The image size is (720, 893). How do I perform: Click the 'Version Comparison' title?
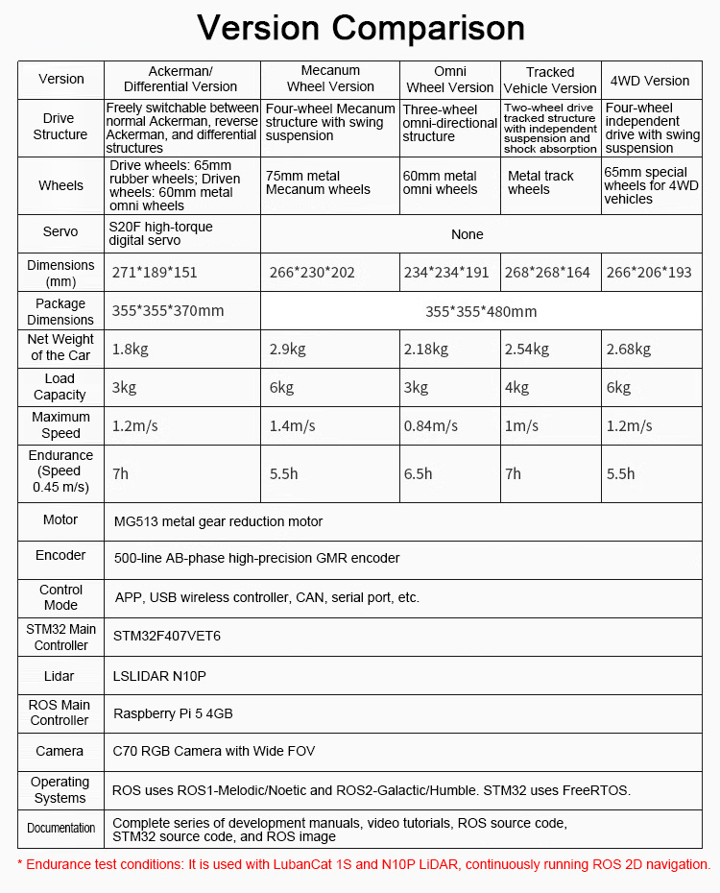tap(360, 28)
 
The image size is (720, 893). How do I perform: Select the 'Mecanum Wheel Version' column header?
tap(330, 79)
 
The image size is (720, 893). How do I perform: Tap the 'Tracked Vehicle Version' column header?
tap(550, 80)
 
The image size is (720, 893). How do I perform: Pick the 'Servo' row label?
tap(60, 232)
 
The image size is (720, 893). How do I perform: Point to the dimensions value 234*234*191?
tap(446, 273)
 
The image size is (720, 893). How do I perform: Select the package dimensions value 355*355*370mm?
tap(168, 311)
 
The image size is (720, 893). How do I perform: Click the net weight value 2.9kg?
tap(288, 350)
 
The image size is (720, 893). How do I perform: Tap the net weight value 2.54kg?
tap(526, 350)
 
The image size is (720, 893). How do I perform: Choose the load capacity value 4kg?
tap(517, 388)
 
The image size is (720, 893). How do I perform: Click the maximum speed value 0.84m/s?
tap(431, 425)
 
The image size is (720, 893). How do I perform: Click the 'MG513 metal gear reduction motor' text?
tap(218, 521)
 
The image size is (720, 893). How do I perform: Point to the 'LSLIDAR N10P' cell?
tap(159, 676)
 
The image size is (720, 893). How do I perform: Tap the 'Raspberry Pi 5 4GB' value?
tap(173, 713)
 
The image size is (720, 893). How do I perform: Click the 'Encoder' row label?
tap(60, 556)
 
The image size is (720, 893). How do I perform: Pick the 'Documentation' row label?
tap(60, 828)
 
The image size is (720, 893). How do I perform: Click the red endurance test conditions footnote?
tap(364, 864)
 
